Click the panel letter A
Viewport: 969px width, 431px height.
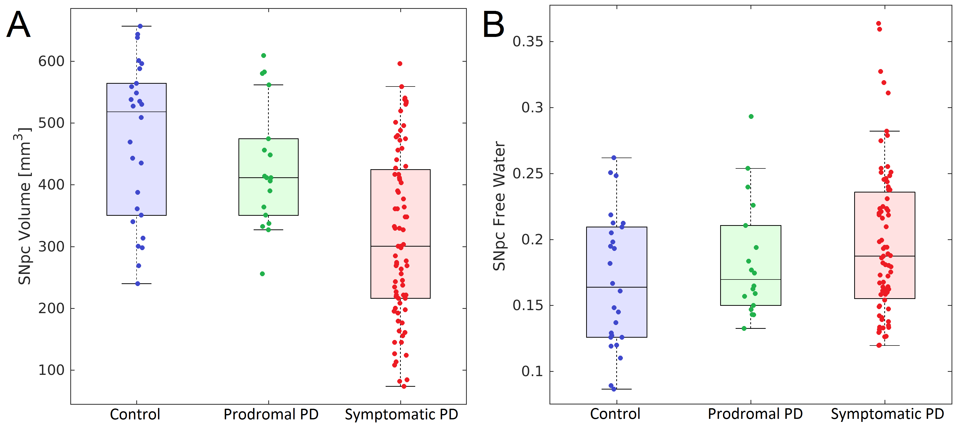click(18, 25)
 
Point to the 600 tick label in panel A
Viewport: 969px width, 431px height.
click(52, 61)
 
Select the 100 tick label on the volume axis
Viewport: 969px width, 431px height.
click(52, 370)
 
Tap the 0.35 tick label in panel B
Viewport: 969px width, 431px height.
click(528, 41)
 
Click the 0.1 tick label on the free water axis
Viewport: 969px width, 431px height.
click(532, 371)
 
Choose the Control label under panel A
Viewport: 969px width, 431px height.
click(135, 415)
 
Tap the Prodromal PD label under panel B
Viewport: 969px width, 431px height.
click(755, 414)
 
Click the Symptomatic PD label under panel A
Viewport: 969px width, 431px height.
click(401, 415)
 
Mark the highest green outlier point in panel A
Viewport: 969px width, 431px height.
click(264, 56)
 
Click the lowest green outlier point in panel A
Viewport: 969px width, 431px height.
click(262, 274)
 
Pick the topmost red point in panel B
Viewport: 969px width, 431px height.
click(879, 23)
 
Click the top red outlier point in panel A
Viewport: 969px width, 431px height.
click(400, 64)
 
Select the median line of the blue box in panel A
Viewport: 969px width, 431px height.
click(137, 112)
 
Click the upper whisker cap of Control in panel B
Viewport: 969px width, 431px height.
click(616, 158)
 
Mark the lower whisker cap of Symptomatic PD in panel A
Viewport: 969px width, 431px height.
click(400, 386)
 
